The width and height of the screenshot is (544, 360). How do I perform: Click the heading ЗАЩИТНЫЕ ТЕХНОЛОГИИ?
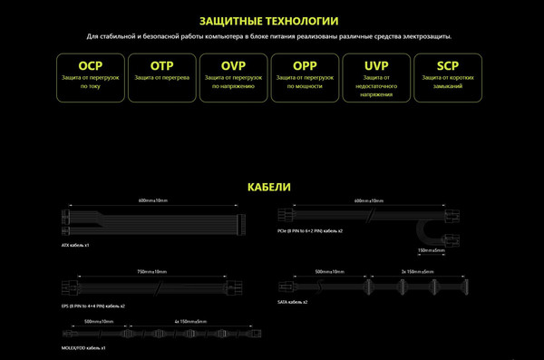(x=271, y=20)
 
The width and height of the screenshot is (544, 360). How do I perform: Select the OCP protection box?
(x=91, y=76)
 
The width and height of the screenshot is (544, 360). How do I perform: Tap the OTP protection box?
(x=161, y=76)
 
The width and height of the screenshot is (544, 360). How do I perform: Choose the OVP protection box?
(x=233, y=76)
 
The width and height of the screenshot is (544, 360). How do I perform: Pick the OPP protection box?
(x=305, y=76)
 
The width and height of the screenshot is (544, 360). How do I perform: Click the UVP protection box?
(x=376, y=76)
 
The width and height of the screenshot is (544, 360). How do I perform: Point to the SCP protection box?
(x=448, y=76)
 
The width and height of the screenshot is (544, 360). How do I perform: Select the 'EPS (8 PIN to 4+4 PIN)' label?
(x=92, y=306)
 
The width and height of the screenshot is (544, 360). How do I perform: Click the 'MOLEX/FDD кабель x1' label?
(x=84, y=347)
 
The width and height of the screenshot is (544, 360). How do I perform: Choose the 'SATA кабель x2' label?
(x=294, y=300)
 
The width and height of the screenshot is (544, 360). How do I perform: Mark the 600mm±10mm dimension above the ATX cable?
(x=154, y=199)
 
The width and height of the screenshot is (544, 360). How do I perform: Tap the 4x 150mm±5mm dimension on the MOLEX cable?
(x=189, y=320)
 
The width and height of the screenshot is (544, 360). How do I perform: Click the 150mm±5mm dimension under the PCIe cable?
(x=432, y=250)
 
